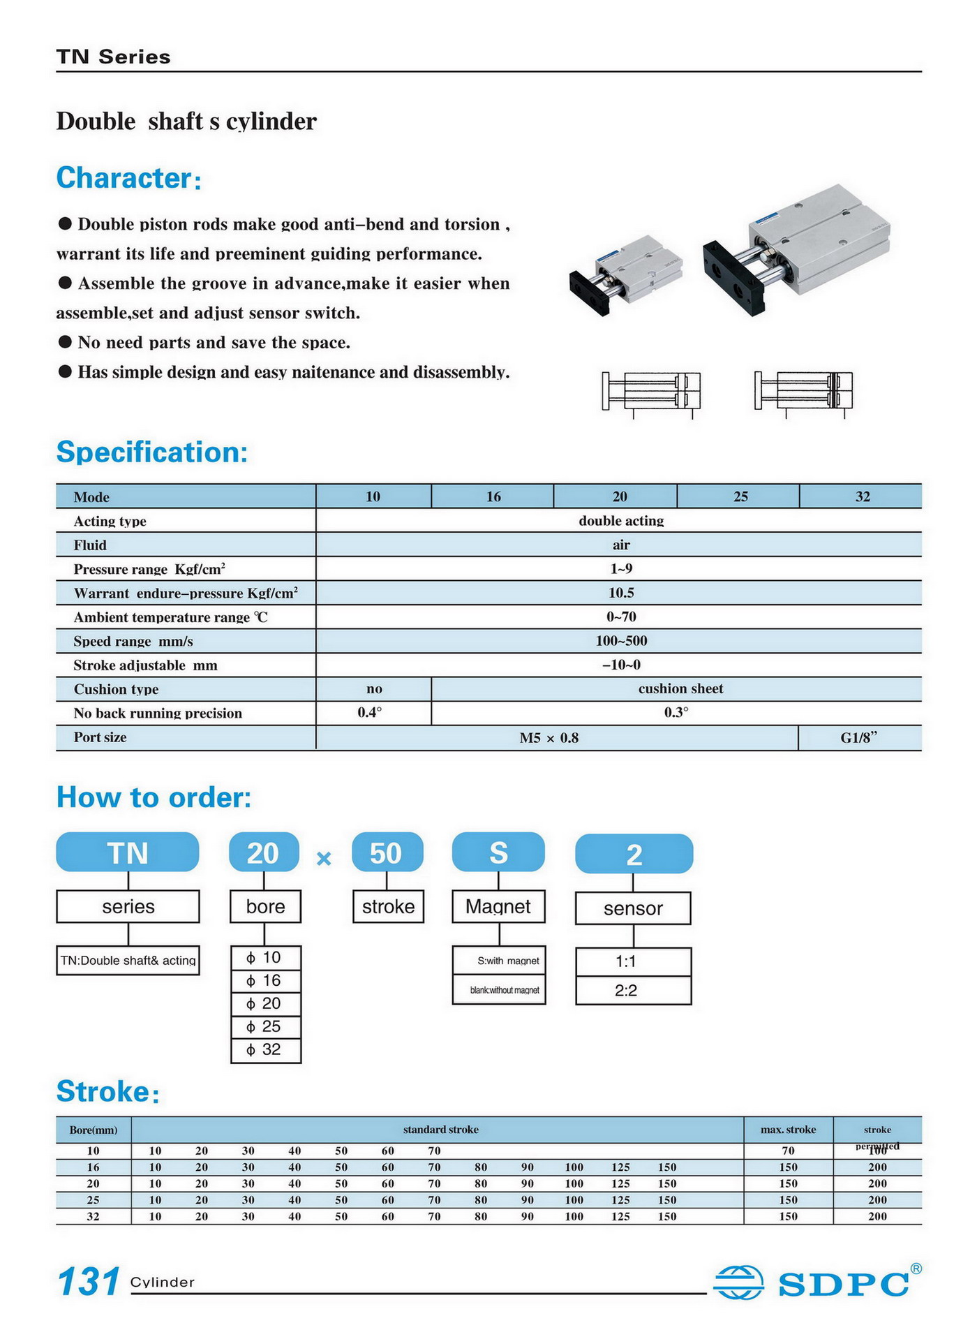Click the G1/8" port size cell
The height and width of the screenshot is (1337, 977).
(858, 737)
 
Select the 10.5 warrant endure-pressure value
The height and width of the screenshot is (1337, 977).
(620, 593)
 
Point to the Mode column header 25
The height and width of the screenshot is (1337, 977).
(740, 496)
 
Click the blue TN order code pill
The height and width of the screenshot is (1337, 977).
(128, 852)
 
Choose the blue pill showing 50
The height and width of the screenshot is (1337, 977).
(387, 852)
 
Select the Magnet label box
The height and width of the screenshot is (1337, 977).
(498, 906)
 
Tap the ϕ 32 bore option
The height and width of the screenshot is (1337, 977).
(265, 1049)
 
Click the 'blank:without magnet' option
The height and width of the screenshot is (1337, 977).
(498, 990)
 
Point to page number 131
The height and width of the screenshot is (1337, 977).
(88, 1282)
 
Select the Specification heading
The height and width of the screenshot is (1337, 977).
(152, 452)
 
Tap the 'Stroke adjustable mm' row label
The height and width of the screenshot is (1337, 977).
(146, 665)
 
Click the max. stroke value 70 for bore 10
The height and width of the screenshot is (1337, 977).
(788, 1151)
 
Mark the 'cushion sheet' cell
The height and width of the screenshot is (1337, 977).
(680, 688)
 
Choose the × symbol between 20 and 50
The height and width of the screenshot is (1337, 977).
(324, 859)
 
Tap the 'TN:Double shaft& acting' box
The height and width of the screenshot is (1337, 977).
(128, 960)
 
